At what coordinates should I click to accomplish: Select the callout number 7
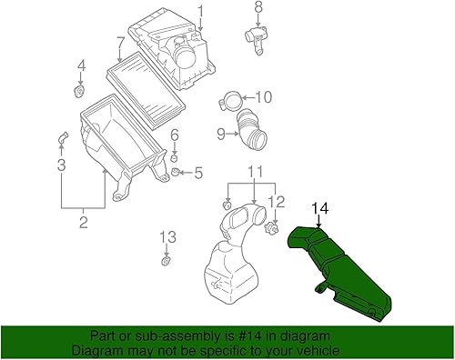tap(120, 42)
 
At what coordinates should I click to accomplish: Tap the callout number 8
tap(258, 8)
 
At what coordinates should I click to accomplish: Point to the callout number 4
tap(81, 65)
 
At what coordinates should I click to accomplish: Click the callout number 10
tap(265, 97)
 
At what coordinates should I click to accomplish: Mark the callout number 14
tap(319, 210)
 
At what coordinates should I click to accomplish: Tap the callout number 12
tap(280, 202)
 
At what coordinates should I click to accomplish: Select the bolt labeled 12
tap(270, 232)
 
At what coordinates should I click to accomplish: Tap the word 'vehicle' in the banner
tap(318, 350)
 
